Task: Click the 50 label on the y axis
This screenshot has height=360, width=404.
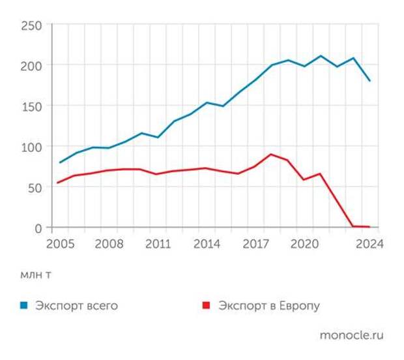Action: point(35,187)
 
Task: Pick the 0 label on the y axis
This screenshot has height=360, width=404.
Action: point(38,228)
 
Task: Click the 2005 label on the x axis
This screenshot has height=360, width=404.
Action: point(59,244)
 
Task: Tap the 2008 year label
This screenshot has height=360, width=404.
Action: point(109,244)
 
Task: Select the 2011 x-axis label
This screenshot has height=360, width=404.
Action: point(157,244)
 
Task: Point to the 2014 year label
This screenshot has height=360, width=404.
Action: point(206,244)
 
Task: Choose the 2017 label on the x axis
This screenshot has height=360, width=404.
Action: point(255,244)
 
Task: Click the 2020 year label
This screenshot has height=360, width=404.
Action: point(304,244)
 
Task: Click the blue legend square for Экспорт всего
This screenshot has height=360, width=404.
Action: point(24,305)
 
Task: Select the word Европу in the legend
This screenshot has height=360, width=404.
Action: point(297,305)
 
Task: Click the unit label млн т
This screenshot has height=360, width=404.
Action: point(36,275)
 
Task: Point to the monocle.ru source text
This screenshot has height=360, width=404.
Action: point(352,335)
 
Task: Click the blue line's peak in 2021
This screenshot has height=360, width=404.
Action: point(321,56)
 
